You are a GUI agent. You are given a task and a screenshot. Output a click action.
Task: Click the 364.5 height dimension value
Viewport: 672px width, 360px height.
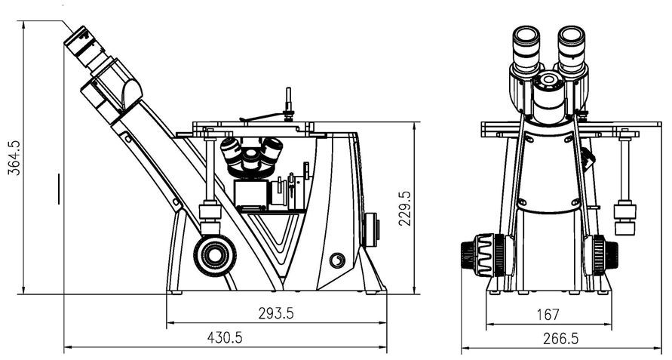pos(14,158)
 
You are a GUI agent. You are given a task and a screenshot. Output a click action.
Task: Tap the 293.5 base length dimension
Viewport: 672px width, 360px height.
pos(276,314)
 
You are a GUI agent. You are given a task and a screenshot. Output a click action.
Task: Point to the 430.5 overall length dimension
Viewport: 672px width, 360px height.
pos(225,337)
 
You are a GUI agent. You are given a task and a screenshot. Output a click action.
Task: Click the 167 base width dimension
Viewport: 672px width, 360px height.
pos(548,315)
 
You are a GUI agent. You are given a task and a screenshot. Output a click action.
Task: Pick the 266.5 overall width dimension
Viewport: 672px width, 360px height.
pos(560,339)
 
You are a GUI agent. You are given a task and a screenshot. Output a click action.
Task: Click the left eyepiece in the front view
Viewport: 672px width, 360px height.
pos(526,48)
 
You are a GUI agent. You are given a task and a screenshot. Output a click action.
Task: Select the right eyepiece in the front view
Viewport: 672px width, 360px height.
pos(572,48)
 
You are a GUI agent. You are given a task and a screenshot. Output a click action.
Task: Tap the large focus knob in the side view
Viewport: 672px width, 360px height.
pos(215,255)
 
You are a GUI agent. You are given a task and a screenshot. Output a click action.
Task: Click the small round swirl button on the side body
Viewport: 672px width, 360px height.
pos(337,260)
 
